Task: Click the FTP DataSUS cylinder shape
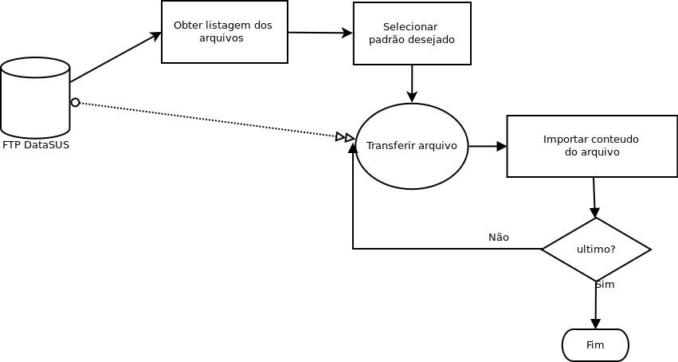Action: (x=35, y=98)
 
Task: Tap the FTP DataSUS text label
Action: (x=36, y=145)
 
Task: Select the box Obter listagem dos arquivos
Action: (x=225, y=32)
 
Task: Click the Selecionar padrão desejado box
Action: (x=412, y=33)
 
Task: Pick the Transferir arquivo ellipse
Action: (x=412, y=146)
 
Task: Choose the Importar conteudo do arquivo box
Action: (x=592, y=146)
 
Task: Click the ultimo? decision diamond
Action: (x=596, y=250)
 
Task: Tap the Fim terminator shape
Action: (x=595, y=344)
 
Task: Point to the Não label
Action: (x=499, y=238)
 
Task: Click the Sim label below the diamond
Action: (x=605, y=285)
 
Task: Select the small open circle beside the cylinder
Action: (x=75, y=103)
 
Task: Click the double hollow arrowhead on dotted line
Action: (x=345, y=137)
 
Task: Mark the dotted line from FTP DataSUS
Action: (x=208, y=120)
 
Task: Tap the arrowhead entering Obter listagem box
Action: (x=156, y=35)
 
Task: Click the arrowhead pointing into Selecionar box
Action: (x=347, y=33)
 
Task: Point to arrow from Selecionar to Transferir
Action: (x=412, y=84)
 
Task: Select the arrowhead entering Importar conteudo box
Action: (x=502, y=146)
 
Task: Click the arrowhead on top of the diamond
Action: (x=595, y=212)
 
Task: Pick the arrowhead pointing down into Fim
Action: (x=595, y=324)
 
